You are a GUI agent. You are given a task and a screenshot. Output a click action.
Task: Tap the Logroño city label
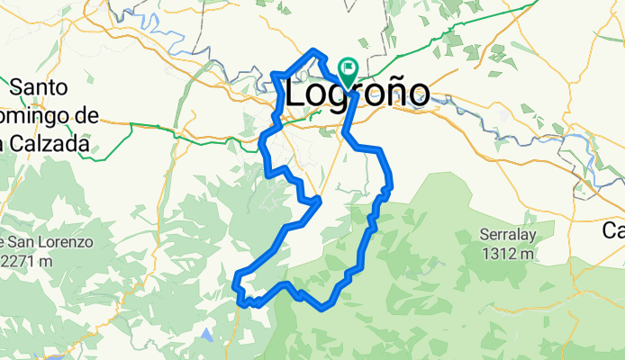[357, 94]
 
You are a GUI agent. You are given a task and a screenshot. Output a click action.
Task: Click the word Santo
[41, 87]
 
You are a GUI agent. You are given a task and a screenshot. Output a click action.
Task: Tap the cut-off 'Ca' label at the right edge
[613, 229]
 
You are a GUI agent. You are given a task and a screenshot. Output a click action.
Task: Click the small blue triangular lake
[208, 336]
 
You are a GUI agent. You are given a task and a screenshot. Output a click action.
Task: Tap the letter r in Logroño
[368, 94]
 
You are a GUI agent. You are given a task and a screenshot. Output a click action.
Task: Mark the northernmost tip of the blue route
[313, 51]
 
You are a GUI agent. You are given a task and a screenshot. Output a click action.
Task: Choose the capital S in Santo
[18, 87]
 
